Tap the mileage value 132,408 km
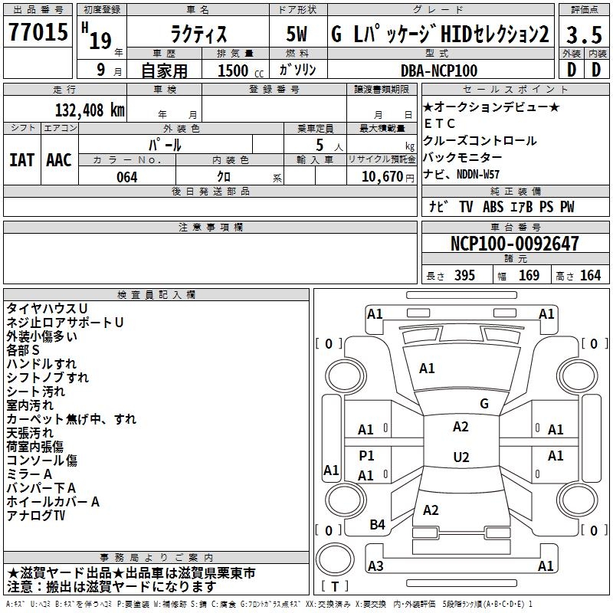pyautogui.click(x=90, y=110)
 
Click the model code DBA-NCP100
pyautogui.click(x=439, y=70)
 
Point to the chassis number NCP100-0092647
pyautogui.click(x=514, y=244)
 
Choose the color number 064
pyautogui.click(x=126, y=177)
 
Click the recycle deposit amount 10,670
pyautogui.click(x=381, y=177)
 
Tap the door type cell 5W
pyautogui.click(x=297, y=35)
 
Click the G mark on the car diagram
pyautogui.click(x=484, y=403)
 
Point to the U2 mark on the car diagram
pyautogui.click(x=461, y=457)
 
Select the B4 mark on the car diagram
pyautogui.click(x=377, y=524)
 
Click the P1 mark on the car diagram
pyautogui.click(x=367, y=456)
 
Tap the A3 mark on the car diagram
pyautogui.click(x=375, y=565)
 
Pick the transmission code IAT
pyautogui.click(x=22, y=159)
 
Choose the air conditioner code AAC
pyautogui.click(x=58, y=159)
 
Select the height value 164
pyautogui.click(x=590, y=276)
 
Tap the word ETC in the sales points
pyautogui.click(x=440, y=123)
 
